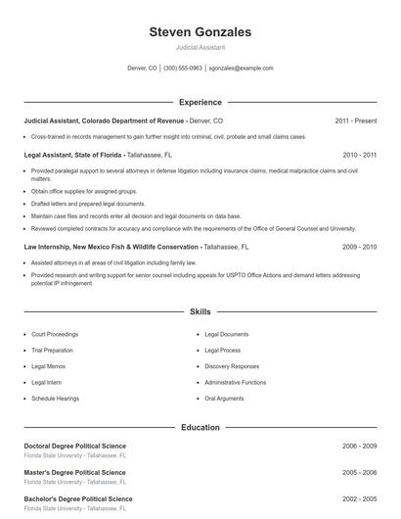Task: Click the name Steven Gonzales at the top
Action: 200,32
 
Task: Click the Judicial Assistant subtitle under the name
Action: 200,47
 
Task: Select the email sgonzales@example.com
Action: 241,69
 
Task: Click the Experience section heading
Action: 200,102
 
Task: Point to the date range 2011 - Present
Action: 355,120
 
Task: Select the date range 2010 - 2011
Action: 359,155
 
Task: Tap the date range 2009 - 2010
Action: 359,247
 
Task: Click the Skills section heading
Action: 200,311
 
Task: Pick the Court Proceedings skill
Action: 55,334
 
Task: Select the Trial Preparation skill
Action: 52,350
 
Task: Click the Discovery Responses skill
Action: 232,366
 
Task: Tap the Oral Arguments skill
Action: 224,399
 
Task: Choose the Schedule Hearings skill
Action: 55,399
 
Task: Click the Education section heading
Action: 200,427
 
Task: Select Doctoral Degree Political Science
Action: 74,446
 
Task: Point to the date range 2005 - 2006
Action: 359,472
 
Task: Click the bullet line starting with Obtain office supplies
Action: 84,191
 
